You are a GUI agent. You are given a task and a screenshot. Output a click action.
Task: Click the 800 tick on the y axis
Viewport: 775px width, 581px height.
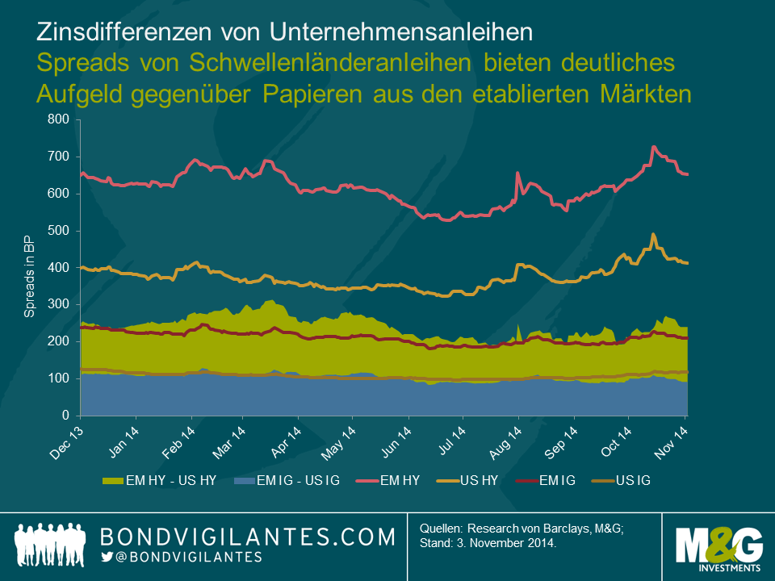point(62,120)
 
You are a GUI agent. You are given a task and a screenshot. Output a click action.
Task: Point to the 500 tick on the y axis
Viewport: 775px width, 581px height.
point(62,231)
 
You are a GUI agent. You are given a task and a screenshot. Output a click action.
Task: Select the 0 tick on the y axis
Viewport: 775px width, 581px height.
point(70,416)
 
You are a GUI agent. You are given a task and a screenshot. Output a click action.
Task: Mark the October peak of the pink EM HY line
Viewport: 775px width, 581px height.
point(653,148)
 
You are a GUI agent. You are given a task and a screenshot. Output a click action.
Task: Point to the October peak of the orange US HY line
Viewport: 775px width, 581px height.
point(653,235)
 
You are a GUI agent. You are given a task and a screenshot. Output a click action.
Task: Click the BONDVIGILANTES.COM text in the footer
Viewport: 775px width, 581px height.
point(247,537)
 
